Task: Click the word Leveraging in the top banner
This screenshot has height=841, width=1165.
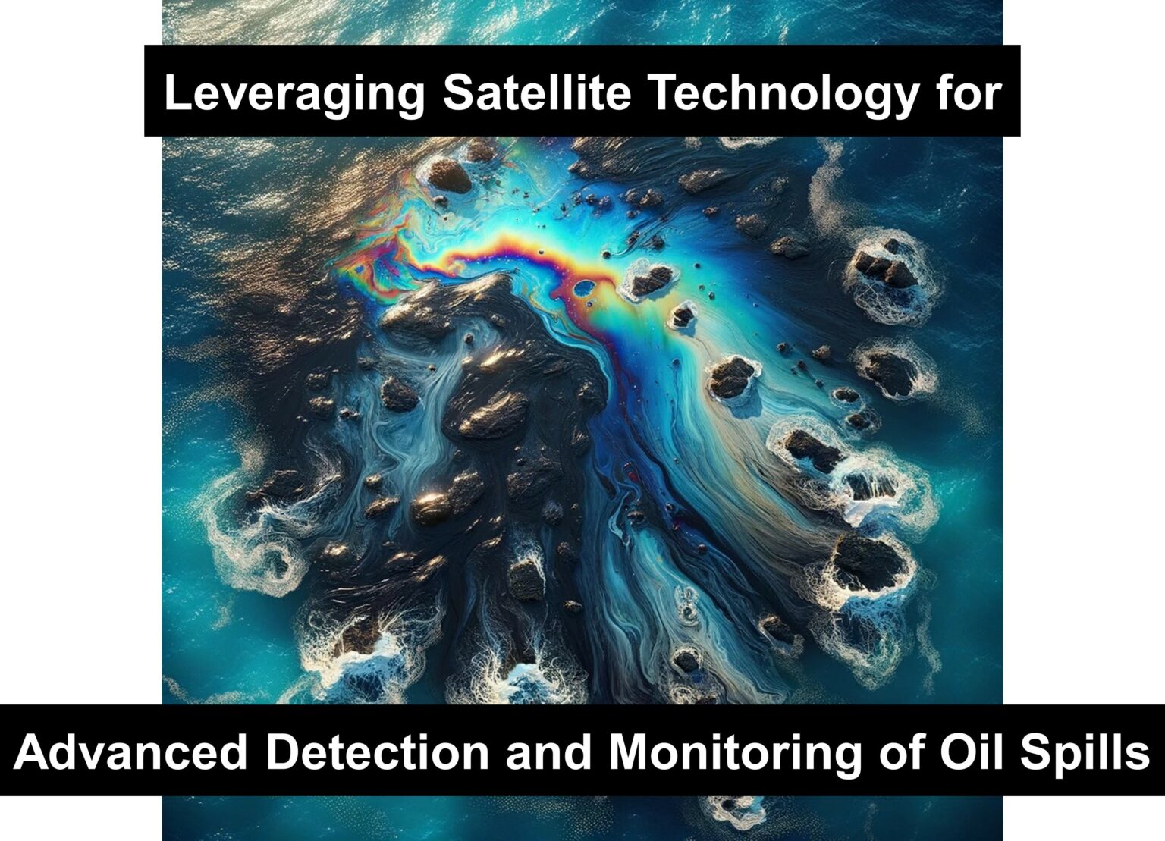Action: coord(294,94)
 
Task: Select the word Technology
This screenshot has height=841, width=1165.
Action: coord(783,94)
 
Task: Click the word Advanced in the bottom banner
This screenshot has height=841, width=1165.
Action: coord(130,752)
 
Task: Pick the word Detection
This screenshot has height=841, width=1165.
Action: coord(378,752)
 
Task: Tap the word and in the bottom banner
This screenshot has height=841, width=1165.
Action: coord(549,752)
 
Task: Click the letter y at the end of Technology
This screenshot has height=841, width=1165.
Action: coord(903,100)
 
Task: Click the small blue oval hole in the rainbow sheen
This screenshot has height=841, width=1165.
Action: coord(585,287)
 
